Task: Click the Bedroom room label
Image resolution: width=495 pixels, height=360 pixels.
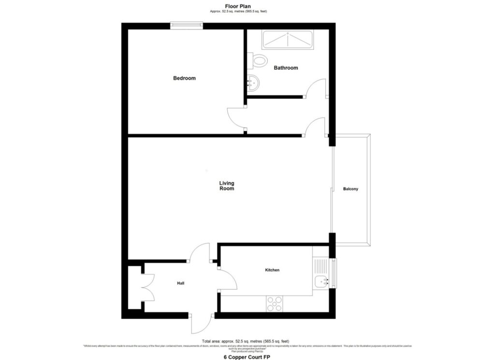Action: point(184,78)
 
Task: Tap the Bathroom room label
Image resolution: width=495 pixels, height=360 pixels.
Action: point(286,68)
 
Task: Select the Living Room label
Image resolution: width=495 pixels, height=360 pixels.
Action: point(226,186)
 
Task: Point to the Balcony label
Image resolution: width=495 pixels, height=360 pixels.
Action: point(351,189)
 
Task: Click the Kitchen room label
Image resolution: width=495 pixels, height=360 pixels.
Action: point(272,270)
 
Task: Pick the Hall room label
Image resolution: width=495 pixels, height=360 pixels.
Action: point(180,284)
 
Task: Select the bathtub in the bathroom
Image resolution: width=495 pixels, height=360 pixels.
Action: point(288,40)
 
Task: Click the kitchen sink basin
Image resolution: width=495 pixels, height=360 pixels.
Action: point(321,282)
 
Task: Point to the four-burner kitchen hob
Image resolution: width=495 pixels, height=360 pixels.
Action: point(275,303)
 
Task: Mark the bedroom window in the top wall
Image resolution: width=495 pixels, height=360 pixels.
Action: point(186,25)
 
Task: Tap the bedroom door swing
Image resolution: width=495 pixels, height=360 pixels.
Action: point(236,117)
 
